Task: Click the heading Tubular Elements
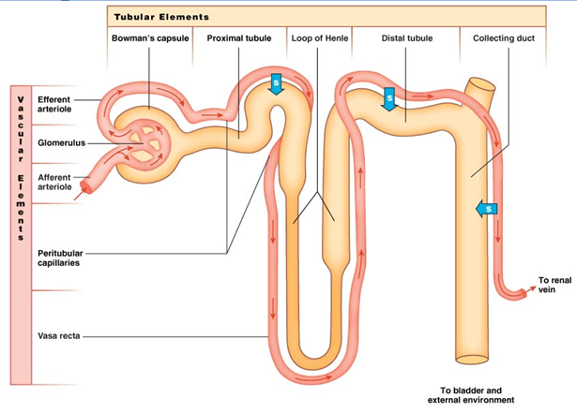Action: tap(161, 17)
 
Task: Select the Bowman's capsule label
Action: tap(150, 38)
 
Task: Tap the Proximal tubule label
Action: tap(239, 38)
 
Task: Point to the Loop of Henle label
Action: tap(320, 38)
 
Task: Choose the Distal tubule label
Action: tap(405, 38)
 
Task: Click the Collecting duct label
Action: tap(503, 38)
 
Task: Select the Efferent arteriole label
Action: tap(53, 103)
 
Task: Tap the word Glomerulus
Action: tap(59, 143)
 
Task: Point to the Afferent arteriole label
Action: tap(53, 182)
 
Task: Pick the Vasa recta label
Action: tap(57, 334)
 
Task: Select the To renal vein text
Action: tap(554, 285)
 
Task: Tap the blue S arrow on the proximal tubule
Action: tap(276, 83)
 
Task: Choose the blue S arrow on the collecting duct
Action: tap(486, 208)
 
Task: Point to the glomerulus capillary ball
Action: tap(145, 140)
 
